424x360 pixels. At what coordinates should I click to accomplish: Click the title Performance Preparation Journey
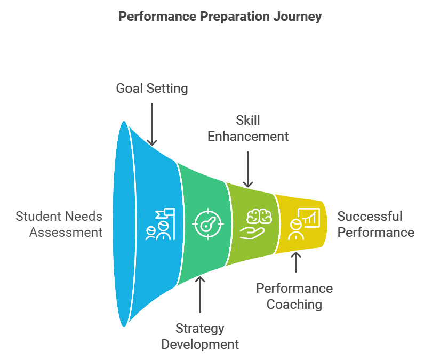[220, 17]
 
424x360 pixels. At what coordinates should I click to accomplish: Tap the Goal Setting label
[152, 89]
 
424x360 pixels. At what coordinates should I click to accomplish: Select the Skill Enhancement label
[248, 128]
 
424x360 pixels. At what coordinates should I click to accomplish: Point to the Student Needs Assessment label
[59, 224]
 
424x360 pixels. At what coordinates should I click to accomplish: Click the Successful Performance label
[376, 224]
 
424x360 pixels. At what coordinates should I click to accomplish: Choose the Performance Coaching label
[294, 296]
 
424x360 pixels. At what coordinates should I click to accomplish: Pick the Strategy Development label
[200, 337]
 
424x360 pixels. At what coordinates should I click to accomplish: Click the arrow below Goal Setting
[152, 124]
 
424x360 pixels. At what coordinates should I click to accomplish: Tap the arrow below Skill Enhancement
[248, 169]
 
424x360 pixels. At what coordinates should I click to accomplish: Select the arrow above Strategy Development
[200, 294]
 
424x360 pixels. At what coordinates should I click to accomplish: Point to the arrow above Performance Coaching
[296, 262]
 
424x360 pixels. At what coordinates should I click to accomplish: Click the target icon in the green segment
[208, 224]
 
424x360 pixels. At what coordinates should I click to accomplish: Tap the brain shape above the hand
[259, 216]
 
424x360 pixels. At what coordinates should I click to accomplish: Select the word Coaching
[294, 305]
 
